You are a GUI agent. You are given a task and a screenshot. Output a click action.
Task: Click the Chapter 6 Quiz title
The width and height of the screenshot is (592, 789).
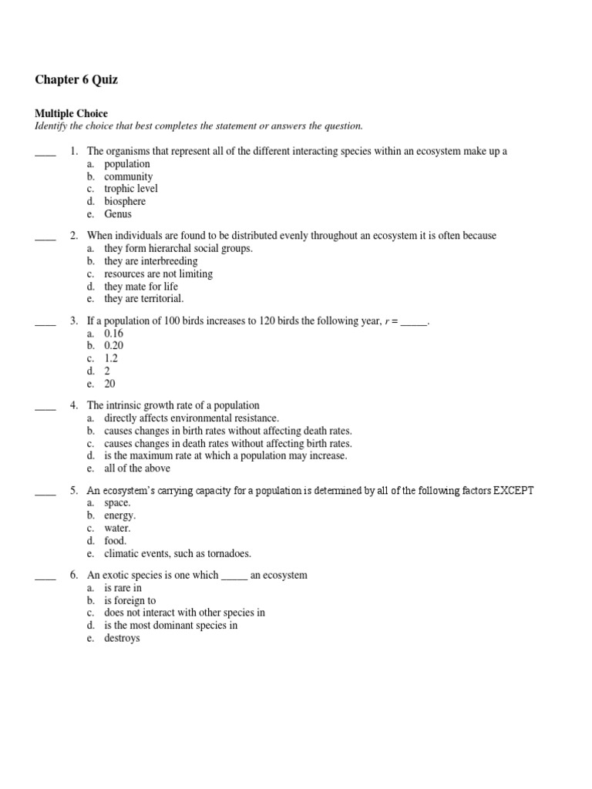[76, 80]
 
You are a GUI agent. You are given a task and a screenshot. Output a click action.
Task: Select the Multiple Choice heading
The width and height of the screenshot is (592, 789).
[71, 113]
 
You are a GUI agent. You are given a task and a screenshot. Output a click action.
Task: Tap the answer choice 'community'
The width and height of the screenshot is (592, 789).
[129, 176]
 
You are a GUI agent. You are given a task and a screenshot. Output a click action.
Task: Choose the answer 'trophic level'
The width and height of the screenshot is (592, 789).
[131, 189]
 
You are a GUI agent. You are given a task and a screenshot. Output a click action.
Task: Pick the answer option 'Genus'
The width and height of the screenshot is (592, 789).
[118, 214]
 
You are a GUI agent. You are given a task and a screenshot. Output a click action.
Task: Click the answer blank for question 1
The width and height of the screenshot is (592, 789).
[45, 152]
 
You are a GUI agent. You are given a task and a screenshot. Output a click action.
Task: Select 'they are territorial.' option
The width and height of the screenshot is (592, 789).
[144, 299]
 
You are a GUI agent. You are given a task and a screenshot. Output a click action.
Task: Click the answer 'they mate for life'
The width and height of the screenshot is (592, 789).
[141, 287]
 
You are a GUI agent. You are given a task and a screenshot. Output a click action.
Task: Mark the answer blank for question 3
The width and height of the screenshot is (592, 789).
[45, 321]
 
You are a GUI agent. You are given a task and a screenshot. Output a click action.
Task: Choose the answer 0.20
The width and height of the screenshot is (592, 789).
[113, 346]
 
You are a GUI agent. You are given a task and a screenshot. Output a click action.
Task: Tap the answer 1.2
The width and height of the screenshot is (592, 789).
[111, 358]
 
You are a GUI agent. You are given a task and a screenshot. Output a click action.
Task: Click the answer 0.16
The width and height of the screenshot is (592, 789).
[113, 334]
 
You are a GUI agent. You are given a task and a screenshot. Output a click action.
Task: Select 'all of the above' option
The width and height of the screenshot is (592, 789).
[137, 468]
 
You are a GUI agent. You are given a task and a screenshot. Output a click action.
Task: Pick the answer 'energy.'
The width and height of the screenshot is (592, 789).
[119, 515]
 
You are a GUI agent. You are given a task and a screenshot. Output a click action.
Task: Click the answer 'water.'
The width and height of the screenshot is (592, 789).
[118, 529]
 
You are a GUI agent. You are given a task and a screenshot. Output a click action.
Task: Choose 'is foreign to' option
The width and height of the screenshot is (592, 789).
[130, 600]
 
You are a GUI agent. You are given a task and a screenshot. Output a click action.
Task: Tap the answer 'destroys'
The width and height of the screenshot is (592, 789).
[122, 639]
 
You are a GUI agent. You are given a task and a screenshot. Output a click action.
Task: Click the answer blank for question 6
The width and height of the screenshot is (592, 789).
[45, 576]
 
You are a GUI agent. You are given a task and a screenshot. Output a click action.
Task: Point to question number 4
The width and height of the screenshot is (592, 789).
[74, 405]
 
